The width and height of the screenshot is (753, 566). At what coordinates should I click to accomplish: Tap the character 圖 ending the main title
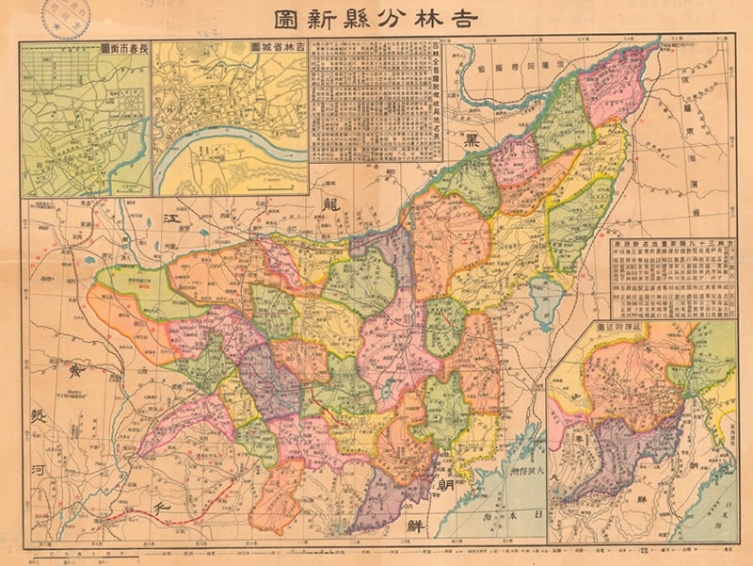pos(286,19)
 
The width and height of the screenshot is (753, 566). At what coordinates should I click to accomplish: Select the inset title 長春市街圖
pos(122,47)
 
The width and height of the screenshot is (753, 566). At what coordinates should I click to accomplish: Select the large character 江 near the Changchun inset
pos(171,219)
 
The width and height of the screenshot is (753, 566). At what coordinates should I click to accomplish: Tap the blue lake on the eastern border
pos(544,302)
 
